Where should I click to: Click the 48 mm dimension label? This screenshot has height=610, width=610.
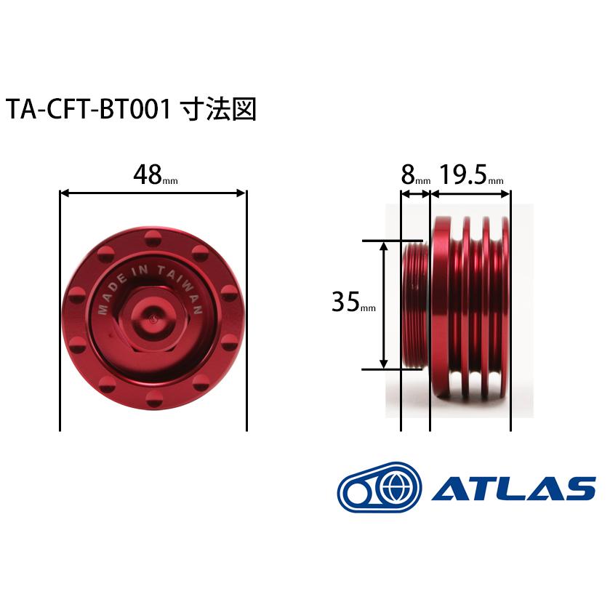coord(155,175)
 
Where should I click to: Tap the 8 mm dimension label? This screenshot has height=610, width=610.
coord(415,175)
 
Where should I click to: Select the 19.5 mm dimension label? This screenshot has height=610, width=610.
coord(472,175)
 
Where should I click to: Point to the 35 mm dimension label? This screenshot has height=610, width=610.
coord(353,302)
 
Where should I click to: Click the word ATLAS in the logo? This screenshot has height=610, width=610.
coord(513,488)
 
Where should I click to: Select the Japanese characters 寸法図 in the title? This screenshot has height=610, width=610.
coord(219,109)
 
